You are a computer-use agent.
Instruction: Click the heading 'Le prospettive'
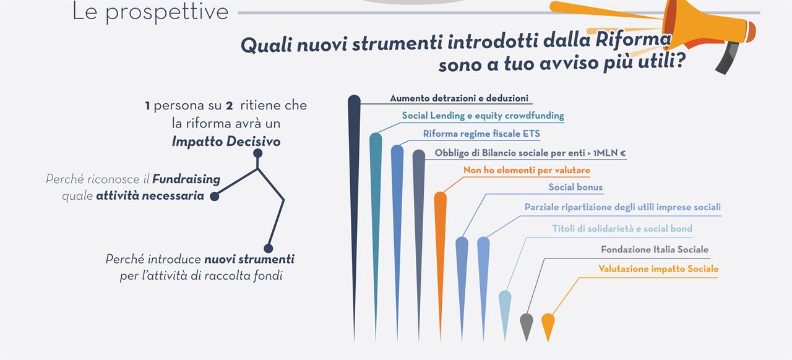[150, 12]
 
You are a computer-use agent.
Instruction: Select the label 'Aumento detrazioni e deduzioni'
[459, 98]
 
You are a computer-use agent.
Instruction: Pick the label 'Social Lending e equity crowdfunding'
[483, 116]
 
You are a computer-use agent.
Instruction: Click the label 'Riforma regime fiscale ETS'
[481, 134]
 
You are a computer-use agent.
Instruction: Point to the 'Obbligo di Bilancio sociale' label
[530, 153]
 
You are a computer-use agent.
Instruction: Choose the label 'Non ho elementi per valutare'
[527, 170]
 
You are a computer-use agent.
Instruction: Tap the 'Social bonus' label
[575, 187]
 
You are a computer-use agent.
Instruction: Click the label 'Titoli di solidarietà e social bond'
[622, 228]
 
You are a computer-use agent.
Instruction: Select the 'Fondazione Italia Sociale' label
[655, 250]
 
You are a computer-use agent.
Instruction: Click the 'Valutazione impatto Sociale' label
[658, 268]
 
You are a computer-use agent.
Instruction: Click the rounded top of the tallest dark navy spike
[355, 100]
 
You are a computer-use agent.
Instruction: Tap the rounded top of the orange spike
[440, 198]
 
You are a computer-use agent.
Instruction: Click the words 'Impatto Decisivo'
[226, 142]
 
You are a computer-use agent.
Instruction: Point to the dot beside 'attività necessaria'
[214, 196]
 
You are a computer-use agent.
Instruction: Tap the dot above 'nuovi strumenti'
[269, 248]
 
